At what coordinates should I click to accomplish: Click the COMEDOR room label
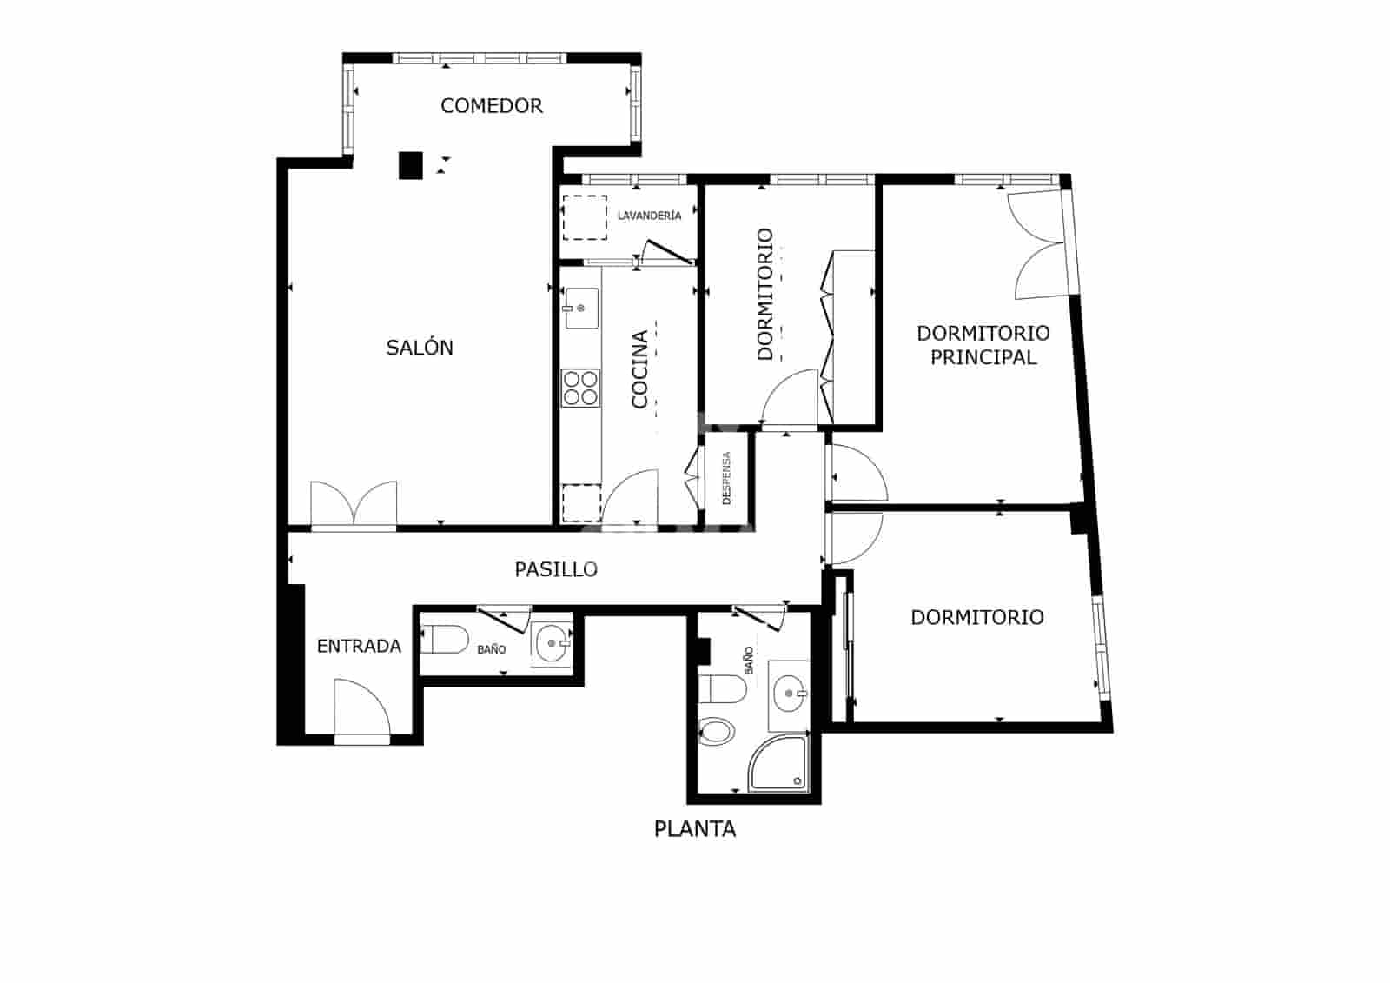(492, 105)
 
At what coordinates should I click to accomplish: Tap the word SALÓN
(420, 347)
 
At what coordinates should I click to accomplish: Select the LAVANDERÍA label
(649, 216)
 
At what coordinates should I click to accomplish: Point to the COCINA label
(639, 369)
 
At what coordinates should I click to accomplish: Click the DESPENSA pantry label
(726, 477)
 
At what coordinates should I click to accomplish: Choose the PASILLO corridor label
(556, 569)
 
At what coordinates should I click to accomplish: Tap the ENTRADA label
(359, 647)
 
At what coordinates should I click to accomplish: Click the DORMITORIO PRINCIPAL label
(983, 345)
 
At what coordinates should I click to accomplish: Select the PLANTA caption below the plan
(694, 829)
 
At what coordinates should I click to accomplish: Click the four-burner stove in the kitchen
(580, 389)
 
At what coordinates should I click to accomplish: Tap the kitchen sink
(581, 308)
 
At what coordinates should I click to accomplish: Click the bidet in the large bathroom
(716, 732)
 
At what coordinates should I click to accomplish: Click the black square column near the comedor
(410, 165)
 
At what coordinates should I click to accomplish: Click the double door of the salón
(353, 504)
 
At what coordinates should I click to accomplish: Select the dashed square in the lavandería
(585, 217)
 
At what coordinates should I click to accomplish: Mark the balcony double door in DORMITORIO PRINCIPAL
(1037, 245)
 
